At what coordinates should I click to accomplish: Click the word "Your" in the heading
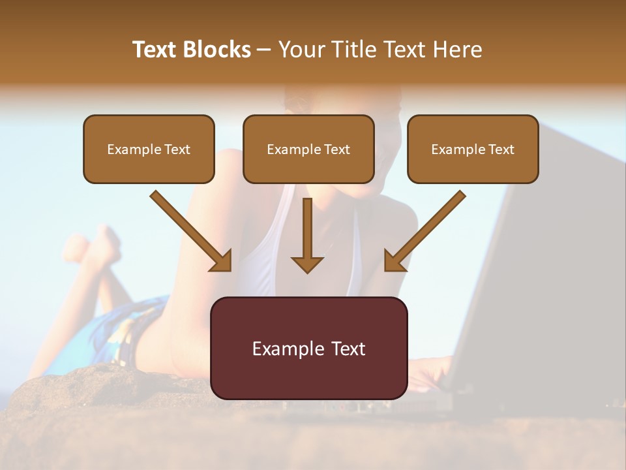[x=301, y=50]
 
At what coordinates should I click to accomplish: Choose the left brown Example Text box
[x=149, y=149]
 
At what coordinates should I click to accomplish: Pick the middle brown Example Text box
[x=308, y=149]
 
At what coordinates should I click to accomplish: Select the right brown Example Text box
[x=473, y=149]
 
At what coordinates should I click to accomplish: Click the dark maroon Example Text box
[x=308, y=348]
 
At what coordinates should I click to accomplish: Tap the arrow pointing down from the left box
[x=190, y=230]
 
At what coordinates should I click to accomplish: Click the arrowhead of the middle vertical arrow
[x=307, y=264]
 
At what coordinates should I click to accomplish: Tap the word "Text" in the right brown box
[x=501, y=149]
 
